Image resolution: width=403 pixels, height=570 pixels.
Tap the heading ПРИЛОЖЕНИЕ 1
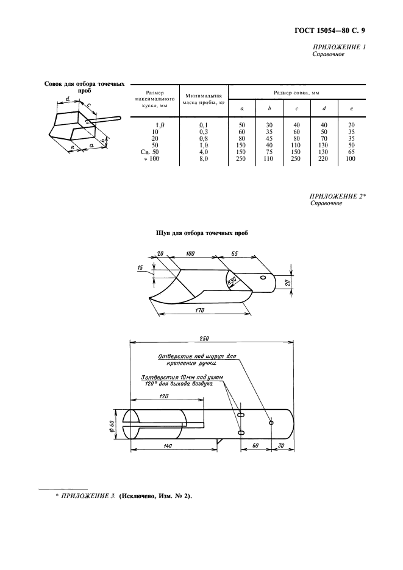[x=339, y=47]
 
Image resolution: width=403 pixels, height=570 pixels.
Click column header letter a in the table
[x=242, y=109]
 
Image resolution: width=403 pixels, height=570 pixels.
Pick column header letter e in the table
[x=351, y=109]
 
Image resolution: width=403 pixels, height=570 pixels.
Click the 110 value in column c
[x=296, y=145]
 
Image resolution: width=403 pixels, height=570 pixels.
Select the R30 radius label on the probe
[x=231, y=281]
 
